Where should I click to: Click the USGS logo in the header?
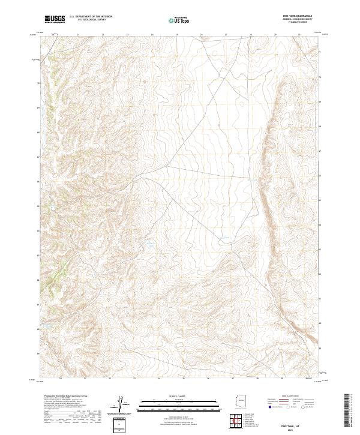coord(55,19)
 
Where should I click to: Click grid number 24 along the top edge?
coord(152,35)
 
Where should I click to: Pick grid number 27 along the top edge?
coord(226,35)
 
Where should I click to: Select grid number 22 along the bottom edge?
coord(109,379)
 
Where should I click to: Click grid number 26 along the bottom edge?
coord(208,379)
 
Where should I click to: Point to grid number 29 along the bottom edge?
coord(281,379)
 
